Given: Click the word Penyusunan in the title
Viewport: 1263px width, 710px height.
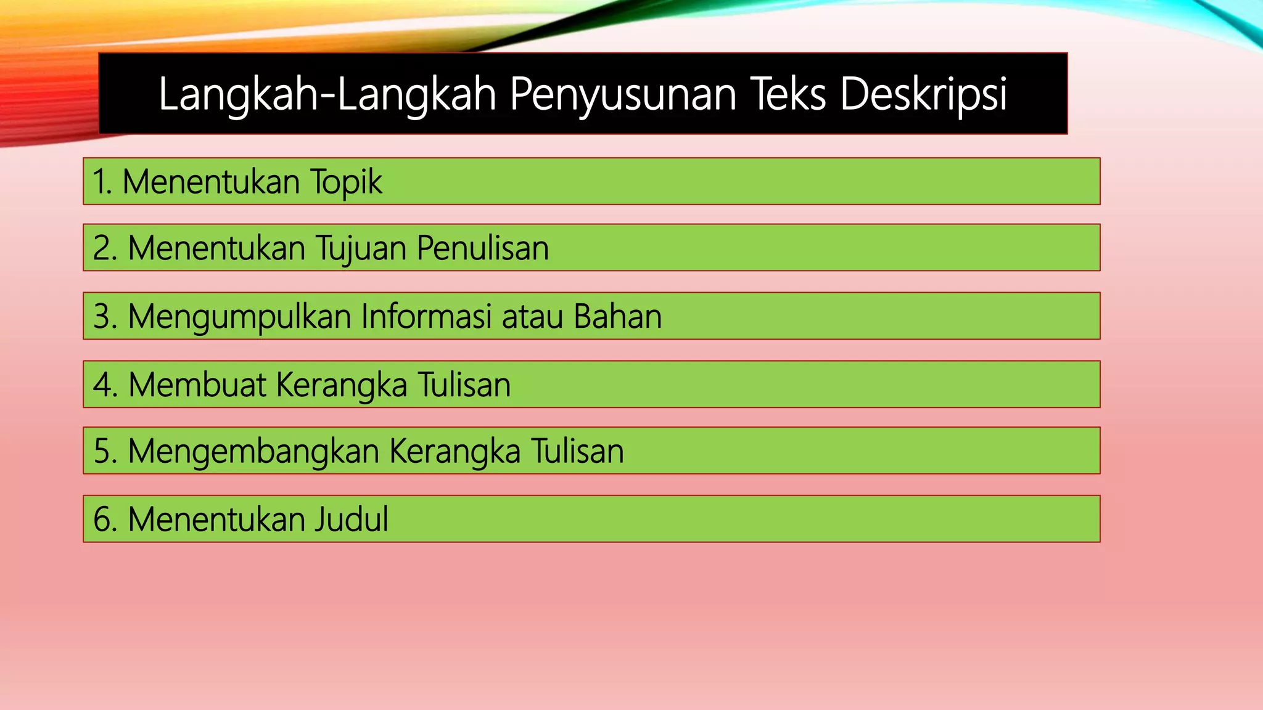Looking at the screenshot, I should click(x=623, y=94).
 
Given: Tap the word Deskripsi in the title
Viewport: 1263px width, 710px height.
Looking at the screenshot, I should click(x=923, y=94).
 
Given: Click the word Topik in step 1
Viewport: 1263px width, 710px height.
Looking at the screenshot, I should click(x=346, y=182).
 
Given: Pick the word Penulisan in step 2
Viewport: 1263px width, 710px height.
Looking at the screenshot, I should click(x=482, y=248).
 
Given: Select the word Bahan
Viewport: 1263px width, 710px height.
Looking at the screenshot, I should click(x=617, y=316).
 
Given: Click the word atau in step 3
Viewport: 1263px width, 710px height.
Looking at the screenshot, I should click(x=533, y=316).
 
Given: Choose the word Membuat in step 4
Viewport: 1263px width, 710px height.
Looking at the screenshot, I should click(x=197, y=385).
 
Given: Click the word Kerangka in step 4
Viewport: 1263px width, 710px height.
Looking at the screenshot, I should click(x=342, y=385).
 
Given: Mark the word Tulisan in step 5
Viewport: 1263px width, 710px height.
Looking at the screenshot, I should click(x=578, y=451).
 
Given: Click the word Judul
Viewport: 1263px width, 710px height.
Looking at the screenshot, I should click(x=352, y=519).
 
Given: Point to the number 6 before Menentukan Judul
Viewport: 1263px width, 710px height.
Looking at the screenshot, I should click(x=102, y=519).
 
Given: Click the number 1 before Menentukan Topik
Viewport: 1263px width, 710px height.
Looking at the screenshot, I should click(x=99, y=182).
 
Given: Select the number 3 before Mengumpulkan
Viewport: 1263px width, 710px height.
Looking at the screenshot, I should click(x=102, y=316).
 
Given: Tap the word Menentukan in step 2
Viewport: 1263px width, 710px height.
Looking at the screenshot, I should click(x=216, y=248).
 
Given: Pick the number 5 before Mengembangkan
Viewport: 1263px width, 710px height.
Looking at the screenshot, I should click(x=102, y=451).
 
